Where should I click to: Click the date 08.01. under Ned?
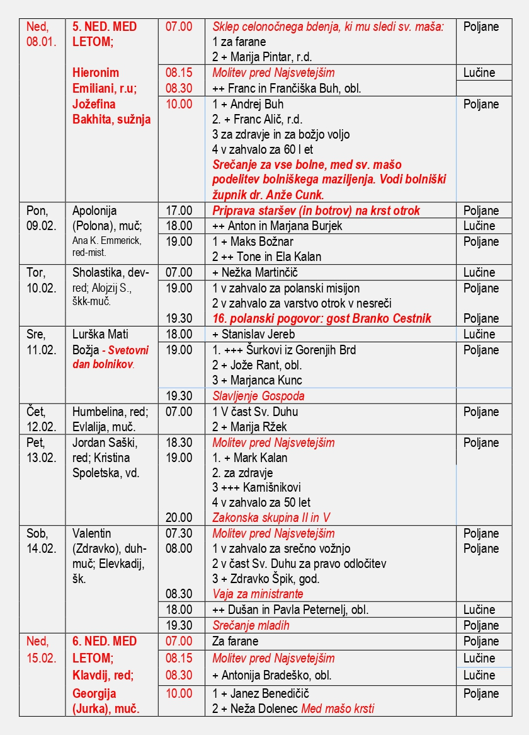[42, 42]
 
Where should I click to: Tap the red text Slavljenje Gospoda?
[258, 396]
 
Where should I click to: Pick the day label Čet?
[37, 412]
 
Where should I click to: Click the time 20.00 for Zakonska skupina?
[179, 518]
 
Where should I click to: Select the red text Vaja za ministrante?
[258, 594]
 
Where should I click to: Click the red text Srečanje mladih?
[251, 625]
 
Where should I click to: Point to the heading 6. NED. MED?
[105, 641]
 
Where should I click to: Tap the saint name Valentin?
[92, 533]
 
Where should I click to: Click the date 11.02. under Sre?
[42, 350]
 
